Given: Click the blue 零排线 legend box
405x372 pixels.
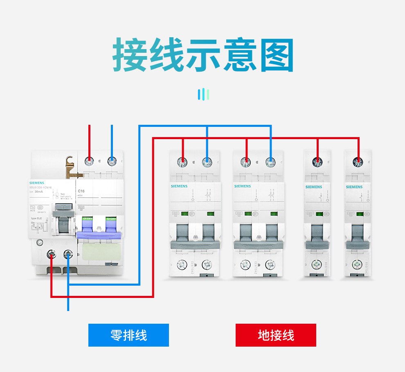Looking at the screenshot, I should tap(128, 335).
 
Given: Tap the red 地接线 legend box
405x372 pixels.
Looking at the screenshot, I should tap(276, 335).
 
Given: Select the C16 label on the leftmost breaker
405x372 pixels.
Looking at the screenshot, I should tap(81, 191).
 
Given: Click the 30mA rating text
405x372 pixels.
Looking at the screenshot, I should tap(39, 192).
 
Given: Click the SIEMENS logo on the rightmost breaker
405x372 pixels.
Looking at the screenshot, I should tap(354, 187).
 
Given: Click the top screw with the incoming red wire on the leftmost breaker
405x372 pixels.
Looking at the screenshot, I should tap(89, 161).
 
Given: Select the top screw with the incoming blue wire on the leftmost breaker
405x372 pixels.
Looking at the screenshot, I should tap(112, 161).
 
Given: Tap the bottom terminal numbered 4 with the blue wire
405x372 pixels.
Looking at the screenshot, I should tap(68, 255).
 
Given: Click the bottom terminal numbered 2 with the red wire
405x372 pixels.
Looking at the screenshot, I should tap(52, 255).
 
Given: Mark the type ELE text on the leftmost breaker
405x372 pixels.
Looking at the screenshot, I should tap(37, 219).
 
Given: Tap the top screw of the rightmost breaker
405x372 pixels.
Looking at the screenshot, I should tap(358, 162).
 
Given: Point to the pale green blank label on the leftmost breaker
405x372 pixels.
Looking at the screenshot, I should tap(99, 253).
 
